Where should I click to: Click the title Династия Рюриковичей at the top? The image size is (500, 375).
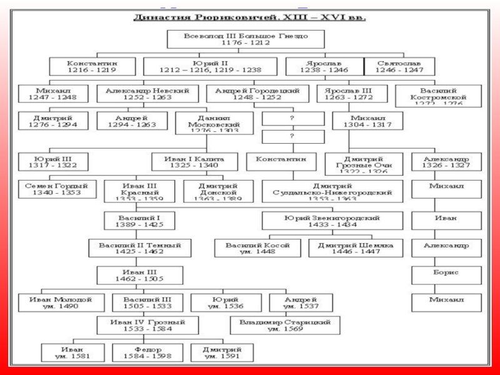[251, 17]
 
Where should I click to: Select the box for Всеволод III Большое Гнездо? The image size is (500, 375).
[246, 39]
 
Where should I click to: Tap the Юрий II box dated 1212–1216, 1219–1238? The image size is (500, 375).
[211, 67]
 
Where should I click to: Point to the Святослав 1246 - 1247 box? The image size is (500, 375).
[399, 67]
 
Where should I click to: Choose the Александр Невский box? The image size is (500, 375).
[147, 94]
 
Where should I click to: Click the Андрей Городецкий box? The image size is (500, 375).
[257, 94]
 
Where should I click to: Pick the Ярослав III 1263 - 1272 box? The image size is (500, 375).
[348, 94]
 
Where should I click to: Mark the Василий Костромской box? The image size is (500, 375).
[439, 96]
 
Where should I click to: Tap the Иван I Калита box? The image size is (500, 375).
[193, 162]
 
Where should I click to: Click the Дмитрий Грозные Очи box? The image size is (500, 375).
[364, 162]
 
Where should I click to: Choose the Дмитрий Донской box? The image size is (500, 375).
[209, 190]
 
